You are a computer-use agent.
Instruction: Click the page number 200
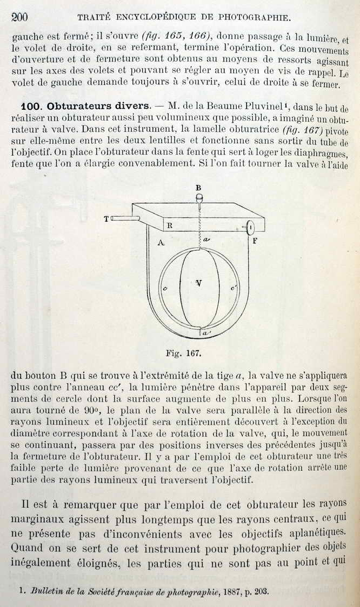click(x=19, y=16)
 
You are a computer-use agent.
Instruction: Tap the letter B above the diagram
click(x=198, y=188)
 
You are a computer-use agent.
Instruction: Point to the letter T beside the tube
click(x=106, y=219)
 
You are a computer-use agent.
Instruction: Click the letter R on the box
click(x=169, y=226)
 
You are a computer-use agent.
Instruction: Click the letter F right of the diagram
click(x=254, y=241)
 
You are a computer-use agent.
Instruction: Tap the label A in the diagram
click(x=161, y=243)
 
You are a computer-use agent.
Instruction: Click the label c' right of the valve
click(x=234, y=289)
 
